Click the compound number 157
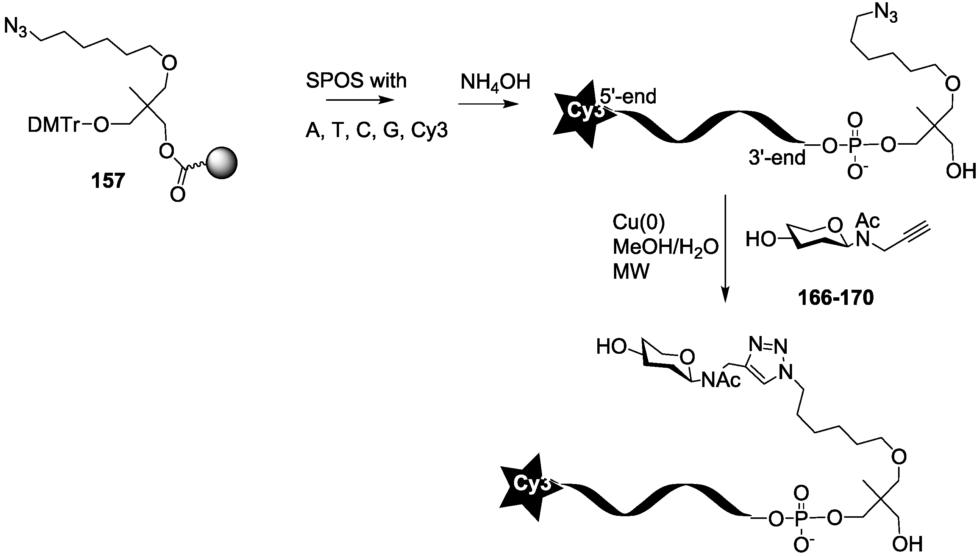point(108,181)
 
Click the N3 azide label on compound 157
point(15,28)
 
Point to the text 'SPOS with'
point(356,81)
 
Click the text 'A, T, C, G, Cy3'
point(377,131)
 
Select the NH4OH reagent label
point(495,82)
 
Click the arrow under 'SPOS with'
point(360,100)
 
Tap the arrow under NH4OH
point(488,103)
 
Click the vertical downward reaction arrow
point(725,248)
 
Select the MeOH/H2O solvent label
point(665,247)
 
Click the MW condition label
point(631,272)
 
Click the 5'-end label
point(628,96)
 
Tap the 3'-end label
point(777,157)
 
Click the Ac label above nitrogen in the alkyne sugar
point(867,220)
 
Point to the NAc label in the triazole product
point(721,380)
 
